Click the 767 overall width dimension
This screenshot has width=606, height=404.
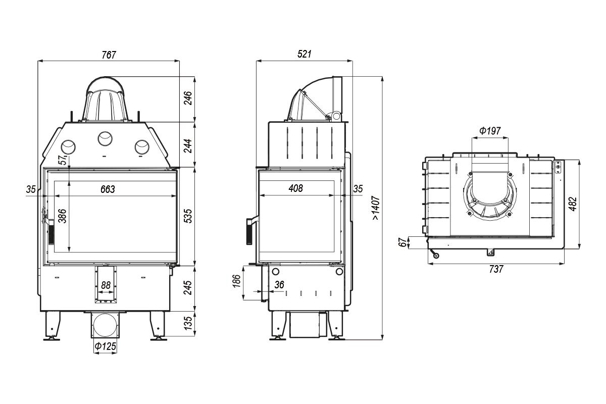pos(109,55)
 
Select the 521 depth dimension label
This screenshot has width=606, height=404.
pos(305,54)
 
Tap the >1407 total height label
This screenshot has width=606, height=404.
pos(376,208)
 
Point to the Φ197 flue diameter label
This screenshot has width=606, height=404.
pos(490,131)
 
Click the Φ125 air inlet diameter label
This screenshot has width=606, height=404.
pos(105,346)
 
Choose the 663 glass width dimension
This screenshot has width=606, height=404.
pos(108,189)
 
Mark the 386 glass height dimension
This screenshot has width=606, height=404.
pos(63,216)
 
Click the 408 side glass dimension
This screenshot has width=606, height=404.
pos(296,188)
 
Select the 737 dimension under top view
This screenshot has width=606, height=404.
pos(496,269)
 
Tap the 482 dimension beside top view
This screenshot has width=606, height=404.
pos(573,204)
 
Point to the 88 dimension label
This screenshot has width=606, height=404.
pos(106,285)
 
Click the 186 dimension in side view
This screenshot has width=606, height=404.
pos(236,281)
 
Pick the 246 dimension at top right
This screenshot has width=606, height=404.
pos(188,98)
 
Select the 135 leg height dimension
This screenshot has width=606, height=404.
pos(188,324)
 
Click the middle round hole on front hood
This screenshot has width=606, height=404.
pos(105,139)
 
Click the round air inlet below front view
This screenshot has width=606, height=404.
pos(106,325)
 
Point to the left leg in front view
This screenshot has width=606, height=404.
pos(53,326)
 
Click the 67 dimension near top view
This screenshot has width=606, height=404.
pos(402,242)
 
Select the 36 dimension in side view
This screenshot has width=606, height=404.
pos(279,285)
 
